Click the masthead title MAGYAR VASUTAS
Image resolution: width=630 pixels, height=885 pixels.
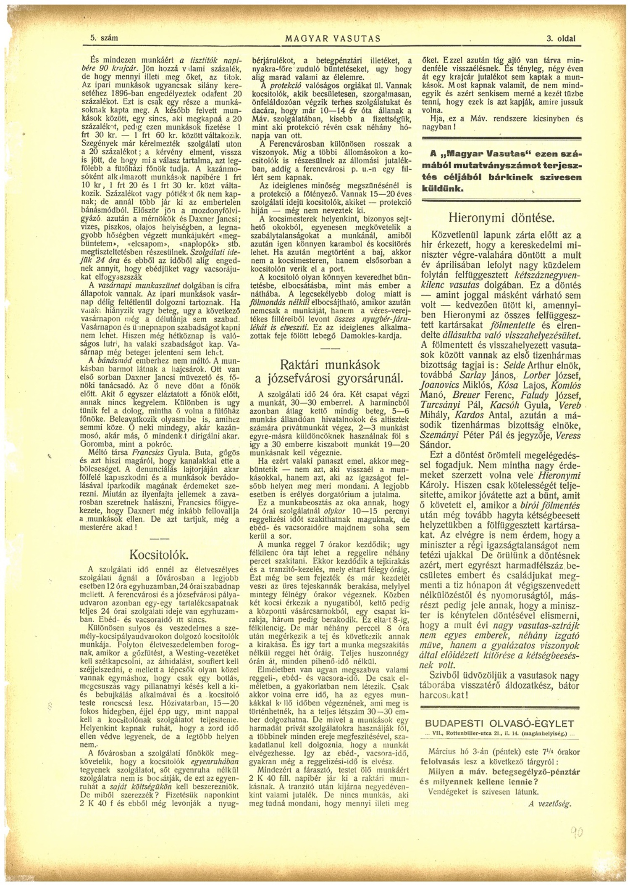point(333,39)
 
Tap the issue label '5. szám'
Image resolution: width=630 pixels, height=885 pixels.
point(104,38)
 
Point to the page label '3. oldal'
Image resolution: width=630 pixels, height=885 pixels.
point(561,39)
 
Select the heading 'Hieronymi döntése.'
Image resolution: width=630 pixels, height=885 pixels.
point(502,218)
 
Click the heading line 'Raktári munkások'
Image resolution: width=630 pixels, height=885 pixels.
point(330,364)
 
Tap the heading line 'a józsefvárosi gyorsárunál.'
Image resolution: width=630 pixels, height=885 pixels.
point(330,378)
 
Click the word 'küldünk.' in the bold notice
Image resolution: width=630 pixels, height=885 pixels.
point(443,189)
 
